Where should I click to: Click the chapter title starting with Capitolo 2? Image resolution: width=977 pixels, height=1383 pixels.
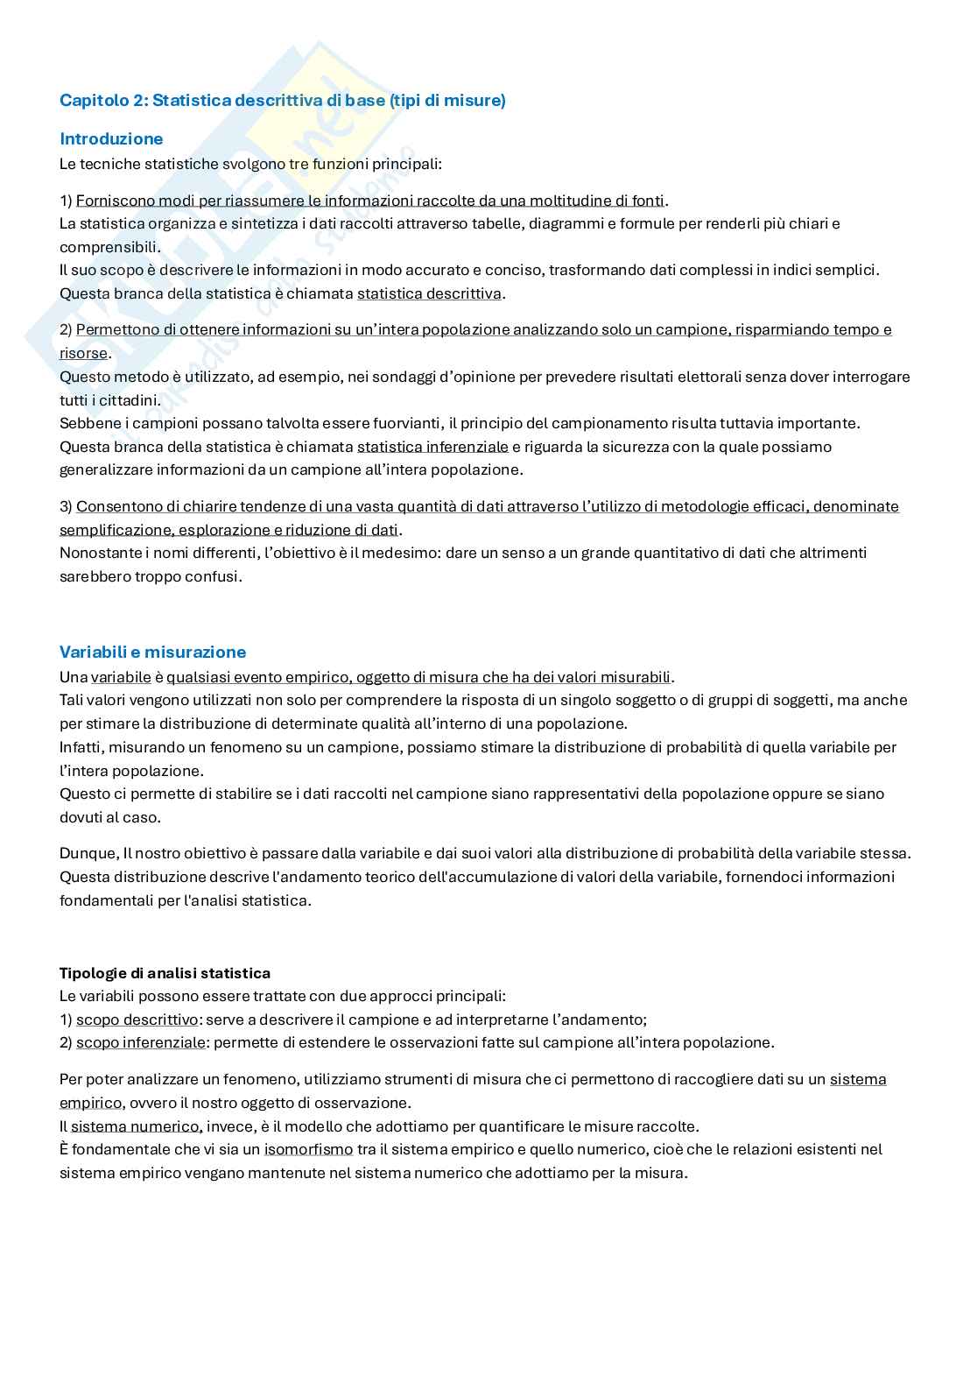[x=282, y=101]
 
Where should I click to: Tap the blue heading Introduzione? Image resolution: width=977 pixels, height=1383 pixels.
[x=111, y=138]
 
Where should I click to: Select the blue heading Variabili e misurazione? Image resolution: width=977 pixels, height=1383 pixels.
[x=152, y=652]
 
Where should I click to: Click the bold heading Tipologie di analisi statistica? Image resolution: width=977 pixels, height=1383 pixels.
[x=165, y=973]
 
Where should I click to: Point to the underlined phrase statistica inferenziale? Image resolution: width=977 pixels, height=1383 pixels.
[x=432, y=447]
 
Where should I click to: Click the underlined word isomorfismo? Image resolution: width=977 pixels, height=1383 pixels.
[x=308, y=1149]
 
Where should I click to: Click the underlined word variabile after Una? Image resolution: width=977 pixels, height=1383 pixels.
[x=121, y=677]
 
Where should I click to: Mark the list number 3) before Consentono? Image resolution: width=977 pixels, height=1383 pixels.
[x=66, y=506]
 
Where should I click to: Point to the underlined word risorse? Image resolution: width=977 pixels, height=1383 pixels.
[x=83, y=354]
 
